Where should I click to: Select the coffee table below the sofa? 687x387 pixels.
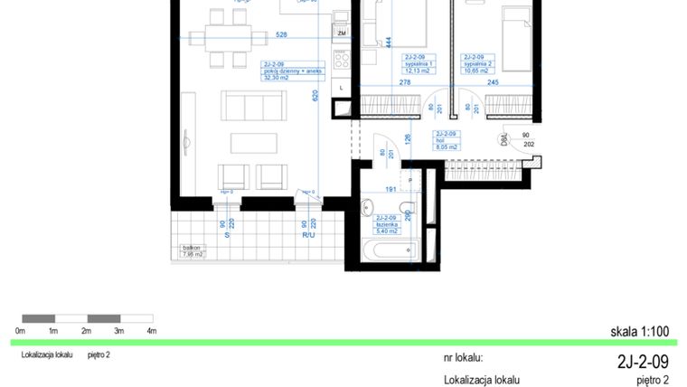253,143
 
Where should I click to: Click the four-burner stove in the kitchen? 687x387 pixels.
343,61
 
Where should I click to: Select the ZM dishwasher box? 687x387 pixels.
342,33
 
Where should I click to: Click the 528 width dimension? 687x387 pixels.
281,36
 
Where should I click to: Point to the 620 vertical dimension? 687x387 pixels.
315,95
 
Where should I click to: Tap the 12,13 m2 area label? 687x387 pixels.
418,71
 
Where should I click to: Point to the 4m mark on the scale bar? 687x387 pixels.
152,332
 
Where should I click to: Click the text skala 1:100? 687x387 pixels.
639,332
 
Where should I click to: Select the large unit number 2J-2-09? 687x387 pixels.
643,362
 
